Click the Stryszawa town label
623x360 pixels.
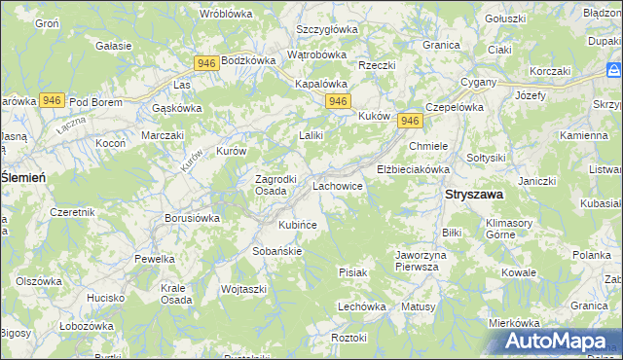coord(474,195)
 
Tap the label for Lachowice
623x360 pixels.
coord(338,184)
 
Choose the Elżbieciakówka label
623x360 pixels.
coord(413,168)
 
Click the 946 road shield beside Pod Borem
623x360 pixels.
coord(53,100)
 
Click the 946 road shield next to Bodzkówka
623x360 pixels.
coord(205,63)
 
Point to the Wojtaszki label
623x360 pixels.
coord(243,289)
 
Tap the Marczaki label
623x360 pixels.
coord(163,135)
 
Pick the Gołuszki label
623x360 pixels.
coord(505,18)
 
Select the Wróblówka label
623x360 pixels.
coord(226,14)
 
